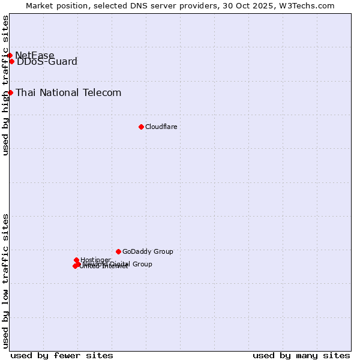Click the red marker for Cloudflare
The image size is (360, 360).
tap(141, 127)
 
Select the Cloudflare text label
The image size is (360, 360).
tap(161, 127)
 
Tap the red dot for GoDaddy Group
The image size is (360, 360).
tap(118, 251)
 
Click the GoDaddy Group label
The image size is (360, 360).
tap(148, 252)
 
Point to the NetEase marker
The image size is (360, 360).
tap(10, 55)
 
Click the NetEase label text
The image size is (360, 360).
tap(34, 56)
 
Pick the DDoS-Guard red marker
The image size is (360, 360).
tap(11, 61)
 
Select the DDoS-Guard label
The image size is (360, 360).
tap(47, 62)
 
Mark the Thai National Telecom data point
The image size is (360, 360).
tap(10, 92)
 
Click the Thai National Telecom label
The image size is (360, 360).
tap(68, 93)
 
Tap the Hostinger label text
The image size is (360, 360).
tap(95, 260)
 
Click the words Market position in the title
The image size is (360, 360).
tap(53, 5)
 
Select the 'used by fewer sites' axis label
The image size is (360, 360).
tap(62, 355)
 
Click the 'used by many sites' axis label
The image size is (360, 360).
tap(301, 355)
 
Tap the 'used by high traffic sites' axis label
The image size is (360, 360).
tap(5, 85)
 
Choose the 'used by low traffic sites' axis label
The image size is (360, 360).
tap(5, 280)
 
